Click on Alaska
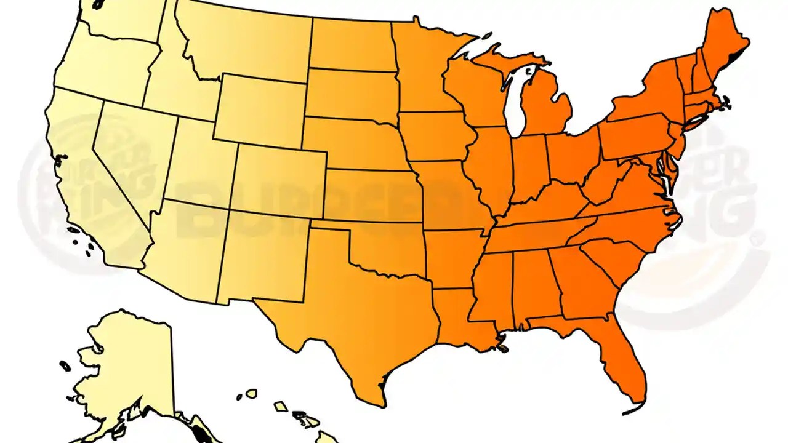point(126,363)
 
